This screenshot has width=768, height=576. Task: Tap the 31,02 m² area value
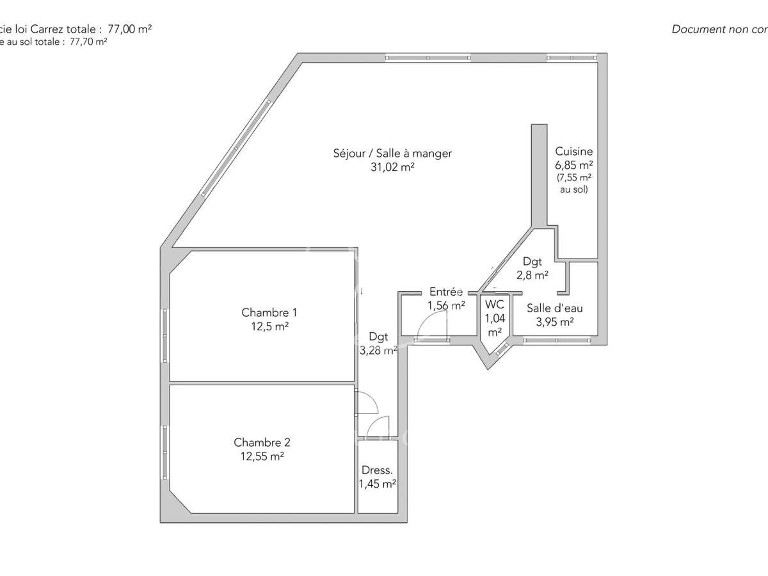(x=392, y=167)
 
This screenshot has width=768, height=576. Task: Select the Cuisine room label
(x=573, y=152)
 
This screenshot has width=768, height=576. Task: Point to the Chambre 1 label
(x=269, y=313)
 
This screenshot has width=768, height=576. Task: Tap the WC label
(x=494, y=304)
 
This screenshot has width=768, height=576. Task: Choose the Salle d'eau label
(x=554, y=308)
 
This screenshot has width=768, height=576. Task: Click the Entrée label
(x=445, y=292)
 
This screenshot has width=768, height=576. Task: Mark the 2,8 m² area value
(x=532, y=275)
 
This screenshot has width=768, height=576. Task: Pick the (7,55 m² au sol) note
(x=573, y=183)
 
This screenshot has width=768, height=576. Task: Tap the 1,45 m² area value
(x=377, y=484)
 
